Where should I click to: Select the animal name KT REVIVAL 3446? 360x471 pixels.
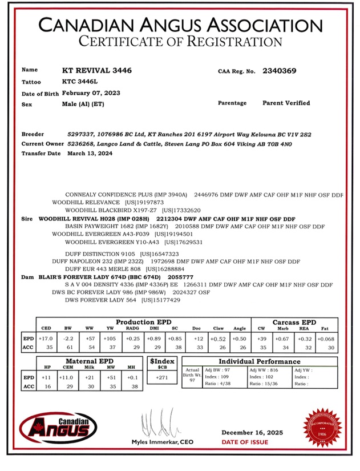96,71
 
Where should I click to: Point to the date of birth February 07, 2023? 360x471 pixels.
91,92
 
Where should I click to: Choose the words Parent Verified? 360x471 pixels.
286,103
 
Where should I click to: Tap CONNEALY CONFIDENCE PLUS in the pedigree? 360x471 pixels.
109,195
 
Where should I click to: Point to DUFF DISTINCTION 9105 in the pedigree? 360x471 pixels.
100,253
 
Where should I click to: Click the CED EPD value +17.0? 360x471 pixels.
47,339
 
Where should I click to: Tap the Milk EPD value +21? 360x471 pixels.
90,377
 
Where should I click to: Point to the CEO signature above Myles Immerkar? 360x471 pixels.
155,422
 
